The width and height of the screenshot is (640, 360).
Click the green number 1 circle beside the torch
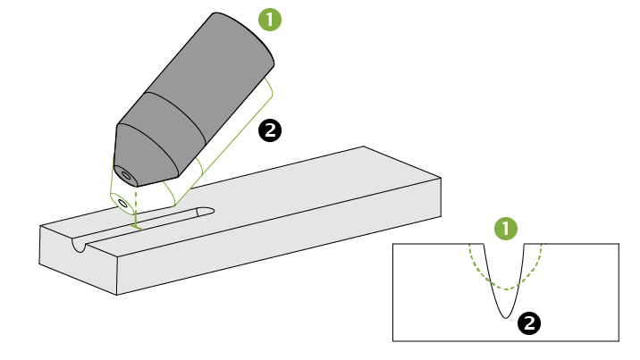click(x=269, y=19)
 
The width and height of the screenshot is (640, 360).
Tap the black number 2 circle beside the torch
click(x=269, y=130)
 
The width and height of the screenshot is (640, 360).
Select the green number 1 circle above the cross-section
click(x=506, y=228)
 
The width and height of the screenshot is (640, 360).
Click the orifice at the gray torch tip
click(x=124, y=172)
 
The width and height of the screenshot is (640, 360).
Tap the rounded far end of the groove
click(x=207, y=212)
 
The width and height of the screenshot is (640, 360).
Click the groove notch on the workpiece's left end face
click(x=80, y=245)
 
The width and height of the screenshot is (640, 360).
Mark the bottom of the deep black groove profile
click(x=506, y=315)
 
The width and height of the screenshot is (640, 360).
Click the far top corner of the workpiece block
click(x=363, y=147)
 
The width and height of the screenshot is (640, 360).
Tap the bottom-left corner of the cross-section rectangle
click(x=393, y=340)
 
